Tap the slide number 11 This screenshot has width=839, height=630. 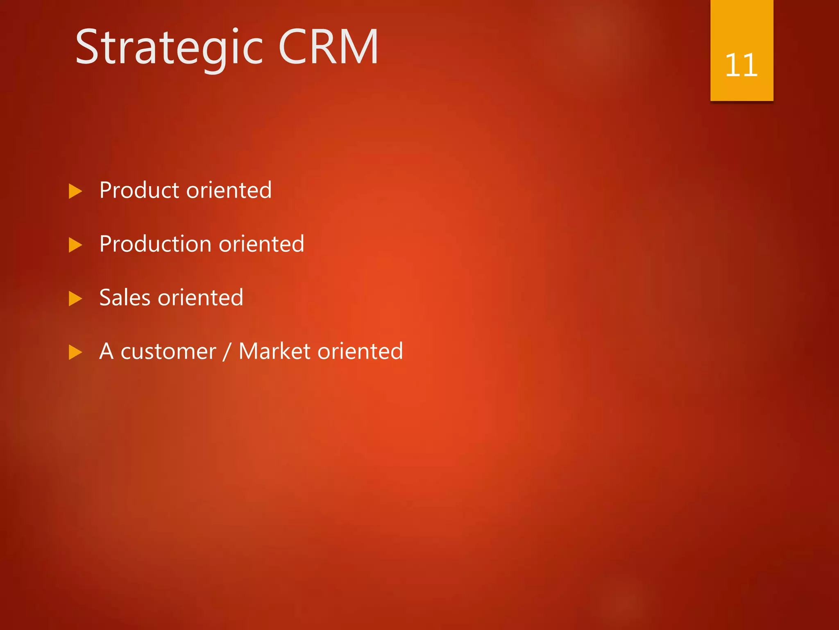point(741,65)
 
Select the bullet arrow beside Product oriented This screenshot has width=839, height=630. point(75,191)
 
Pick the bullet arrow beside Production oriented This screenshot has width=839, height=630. point(75,245)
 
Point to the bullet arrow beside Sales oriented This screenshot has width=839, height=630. point(75,299)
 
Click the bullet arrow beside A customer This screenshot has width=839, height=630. point(75,352)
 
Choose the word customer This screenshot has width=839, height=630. point(168,352)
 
